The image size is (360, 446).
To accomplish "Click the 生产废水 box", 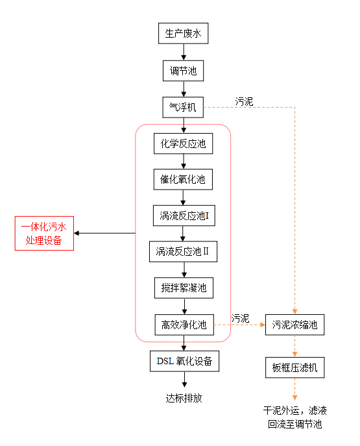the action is [184, 33].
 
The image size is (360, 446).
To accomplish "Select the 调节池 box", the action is [184, 71].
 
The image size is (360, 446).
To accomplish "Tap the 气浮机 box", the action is [183, 107].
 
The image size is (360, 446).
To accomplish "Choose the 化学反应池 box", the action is [184, 143].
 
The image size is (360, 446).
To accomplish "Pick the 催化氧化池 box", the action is [183, 179].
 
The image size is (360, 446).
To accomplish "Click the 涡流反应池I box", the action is [184, 216].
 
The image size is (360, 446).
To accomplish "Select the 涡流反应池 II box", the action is [184, 252].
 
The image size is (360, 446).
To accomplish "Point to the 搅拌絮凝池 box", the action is [184, 288].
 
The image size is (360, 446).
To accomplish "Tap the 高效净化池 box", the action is [184, 325].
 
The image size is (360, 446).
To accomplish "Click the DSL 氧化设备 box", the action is [184, 361].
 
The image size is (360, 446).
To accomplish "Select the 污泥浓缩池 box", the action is [294, 325].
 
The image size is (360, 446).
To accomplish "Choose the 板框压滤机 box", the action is [295, 367].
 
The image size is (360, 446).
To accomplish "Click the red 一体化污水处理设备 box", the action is [44, 233].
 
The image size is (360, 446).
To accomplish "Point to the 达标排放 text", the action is [184, 398].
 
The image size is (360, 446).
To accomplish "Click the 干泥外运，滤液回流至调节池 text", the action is [294, 417].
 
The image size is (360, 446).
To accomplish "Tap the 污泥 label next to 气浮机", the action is [244, 101].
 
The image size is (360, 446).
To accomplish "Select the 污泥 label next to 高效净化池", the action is [240, 318].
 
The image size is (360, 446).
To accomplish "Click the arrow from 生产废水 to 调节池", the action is [184, 52].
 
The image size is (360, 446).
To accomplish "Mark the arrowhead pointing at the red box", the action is [77, 233].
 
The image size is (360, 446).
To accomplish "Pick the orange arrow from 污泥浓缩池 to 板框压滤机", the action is [294, 346].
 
